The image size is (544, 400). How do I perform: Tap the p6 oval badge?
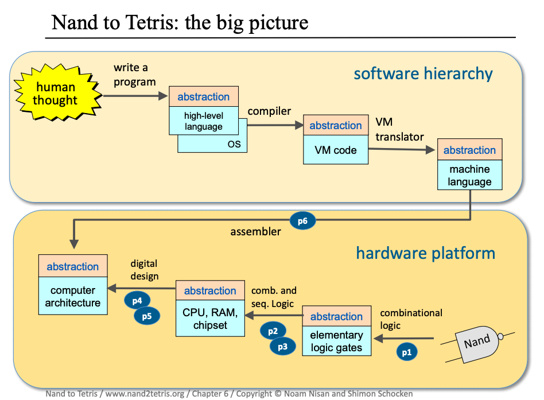tap(302, 220)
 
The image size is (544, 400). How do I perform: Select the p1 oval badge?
tap(407, 352)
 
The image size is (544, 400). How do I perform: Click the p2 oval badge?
tap(273, 331)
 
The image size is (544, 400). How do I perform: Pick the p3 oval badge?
tap(282, 345)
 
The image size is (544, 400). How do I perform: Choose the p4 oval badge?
tap(137, 300)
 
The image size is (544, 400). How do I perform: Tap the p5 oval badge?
tap(147, 314)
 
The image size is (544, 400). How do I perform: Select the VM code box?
tap(336, 150)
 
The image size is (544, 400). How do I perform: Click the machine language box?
tap(469, 175)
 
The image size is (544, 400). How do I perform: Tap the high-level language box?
tap(204, 121)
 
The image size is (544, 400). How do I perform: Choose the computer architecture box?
tap(73, 296)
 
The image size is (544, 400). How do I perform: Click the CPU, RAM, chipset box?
tap(210, 319)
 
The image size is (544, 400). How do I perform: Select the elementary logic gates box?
tap(336, 341)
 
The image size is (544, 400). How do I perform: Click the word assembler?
tap(256, 232)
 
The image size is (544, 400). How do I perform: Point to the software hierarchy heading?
tap(423, 73)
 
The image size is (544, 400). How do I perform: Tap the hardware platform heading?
tap(425, 253)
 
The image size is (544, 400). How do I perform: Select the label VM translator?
tap(399, 130)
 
